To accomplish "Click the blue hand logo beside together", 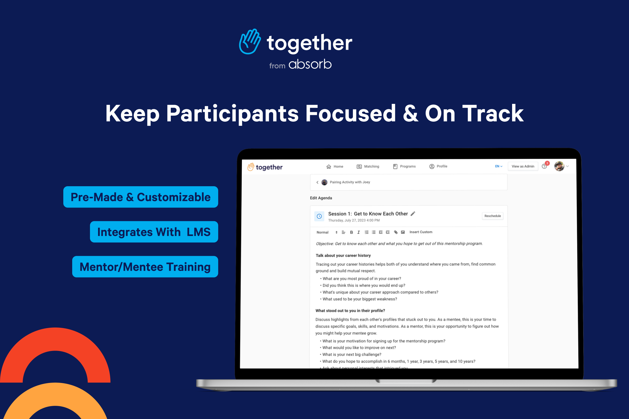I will tap(250, 42).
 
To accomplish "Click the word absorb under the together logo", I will tap(310, 65).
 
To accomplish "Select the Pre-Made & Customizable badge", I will tap(141, 197).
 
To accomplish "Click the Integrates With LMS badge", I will tap(154, 232).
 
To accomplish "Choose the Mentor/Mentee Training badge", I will tap(145, 267).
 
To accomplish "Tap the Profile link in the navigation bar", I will tap(438, 167).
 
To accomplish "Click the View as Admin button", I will tap(523, 167).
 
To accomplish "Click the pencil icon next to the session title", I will tap(413, 214).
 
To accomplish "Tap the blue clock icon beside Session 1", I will tap(319, 216).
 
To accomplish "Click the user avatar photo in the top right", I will tap(559, 166).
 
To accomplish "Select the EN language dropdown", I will tap(499, 167).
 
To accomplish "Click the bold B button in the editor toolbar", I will tap(351, 232).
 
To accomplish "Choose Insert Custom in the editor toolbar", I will tap(421, 232).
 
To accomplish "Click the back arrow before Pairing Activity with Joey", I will tap(317, 182).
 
